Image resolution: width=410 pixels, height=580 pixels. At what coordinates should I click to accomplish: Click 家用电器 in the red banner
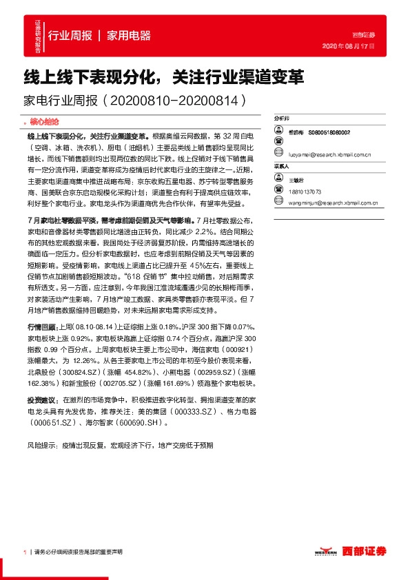[x=129, y=35]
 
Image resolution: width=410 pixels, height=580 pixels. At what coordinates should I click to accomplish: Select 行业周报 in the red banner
[x=70, y=35]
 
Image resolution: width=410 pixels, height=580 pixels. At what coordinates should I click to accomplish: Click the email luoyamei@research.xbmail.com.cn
[x=329, y=156]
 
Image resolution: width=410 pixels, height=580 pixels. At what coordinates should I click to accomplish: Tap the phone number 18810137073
[x=305, y=192]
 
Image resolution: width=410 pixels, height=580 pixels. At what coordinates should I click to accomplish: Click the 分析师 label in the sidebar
[x=282, y=118]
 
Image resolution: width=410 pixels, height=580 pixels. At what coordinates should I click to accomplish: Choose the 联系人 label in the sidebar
[x=282, y=167]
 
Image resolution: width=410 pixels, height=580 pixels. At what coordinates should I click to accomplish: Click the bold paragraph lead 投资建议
[x=41, y=400]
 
